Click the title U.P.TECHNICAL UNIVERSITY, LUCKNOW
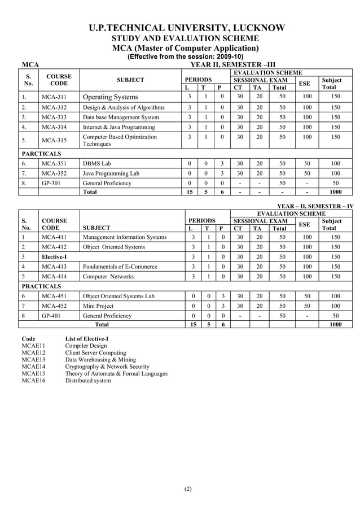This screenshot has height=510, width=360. tap(186, 28)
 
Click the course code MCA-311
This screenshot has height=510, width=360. tap(54, 97)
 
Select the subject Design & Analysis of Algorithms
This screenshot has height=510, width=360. tap(124, 107)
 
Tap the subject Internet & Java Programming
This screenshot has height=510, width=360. tap(118, 128)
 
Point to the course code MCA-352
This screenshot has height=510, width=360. tap(54, 173)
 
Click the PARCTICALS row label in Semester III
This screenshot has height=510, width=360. tap(41, 153)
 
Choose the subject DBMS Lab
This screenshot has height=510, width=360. tap(97, 163)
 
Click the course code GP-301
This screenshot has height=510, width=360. tap(51, 184)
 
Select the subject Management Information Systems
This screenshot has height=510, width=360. tap(125, 237)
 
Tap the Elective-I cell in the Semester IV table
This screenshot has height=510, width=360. tap(54, 256)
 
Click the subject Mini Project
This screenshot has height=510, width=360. tap(98, 306)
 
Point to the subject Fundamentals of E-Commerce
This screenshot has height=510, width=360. tap(120, 267)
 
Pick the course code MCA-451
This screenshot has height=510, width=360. tap(54, 296)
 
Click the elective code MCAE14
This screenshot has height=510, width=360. tap(33, 367)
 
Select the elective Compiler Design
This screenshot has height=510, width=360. tap(86, 346)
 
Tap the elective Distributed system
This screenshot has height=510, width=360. tap(88, 381)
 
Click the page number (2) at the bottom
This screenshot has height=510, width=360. tap(188, 489)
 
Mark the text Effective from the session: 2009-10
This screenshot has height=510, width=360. tap(186, 57)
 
